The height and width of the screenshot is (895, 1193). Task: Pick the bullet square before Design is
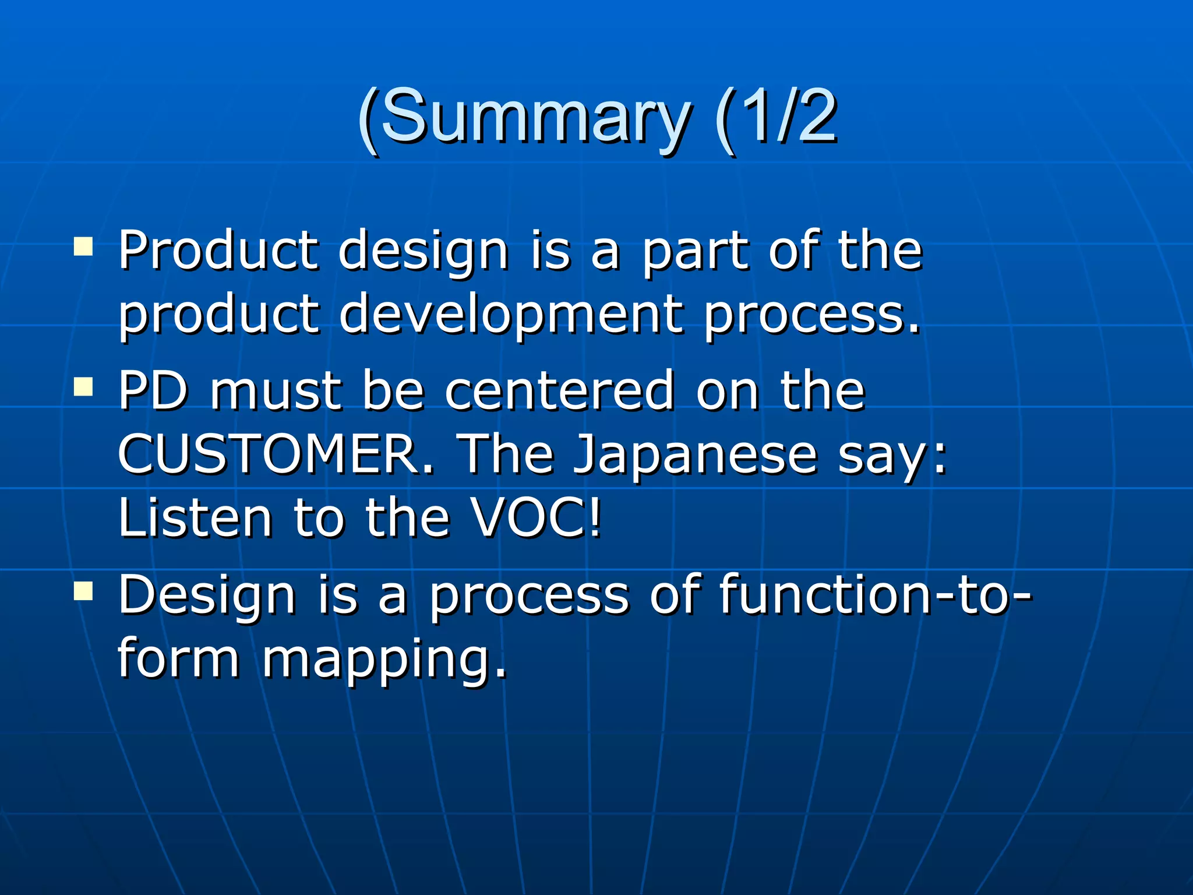click(83, 591)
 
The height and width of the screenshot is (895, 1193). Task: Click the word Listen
click(195, 517)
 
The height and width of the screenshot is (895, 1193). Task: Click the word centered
click(559, 390)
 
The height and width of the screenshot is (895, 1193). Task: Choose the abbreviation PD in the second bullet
click(153, 390)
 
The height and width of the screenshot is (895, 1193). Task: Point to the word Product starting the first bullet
click(218, 251)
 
